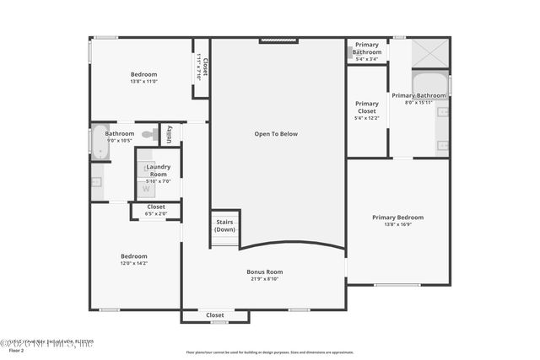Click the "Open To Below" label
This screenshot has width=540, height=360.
click(x=277, y=133)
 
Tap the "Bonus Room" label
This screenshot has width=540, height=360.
click(x=265, y=271)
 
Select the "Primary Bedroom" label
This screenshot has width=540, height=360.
click(x=398, y=217)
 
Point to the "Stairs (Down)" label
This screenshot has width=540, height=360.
click(x=225, y=226)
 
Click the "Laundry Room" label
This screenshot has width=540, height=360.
click(x=159, y=170)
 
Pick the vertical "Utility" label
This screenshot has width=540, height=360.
click(x=170, y=134)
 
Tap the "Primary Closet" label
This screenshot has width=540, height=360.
click(x=367, y=107)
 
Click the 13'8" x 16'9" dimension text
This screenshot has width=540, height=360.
click(x=398, y=224)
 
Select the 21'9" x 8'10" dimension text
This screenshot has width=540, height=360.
click(x=265, y=279)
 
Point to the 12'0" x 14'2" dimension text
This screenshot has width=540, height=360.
click(x=134, y=263)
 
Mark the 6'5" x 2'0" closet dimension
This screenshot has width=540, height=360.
click(x=156, y=213)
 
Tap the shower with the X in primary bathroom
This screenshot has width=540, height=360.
click(x=431, y=53)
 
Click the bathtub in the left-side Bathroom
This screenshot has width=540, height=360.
click(x=100, y=143)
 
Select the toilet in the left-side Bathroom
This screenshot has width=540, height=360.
click(x=149, y=133)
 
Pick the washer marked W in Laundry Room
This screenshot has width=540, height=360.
click(x=146, y=189)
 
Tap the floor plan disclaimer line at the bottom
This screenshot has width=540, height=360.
click(x=270, y=352)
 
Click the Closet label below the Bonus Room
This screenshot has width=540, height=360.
click(x=215, y=314)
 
